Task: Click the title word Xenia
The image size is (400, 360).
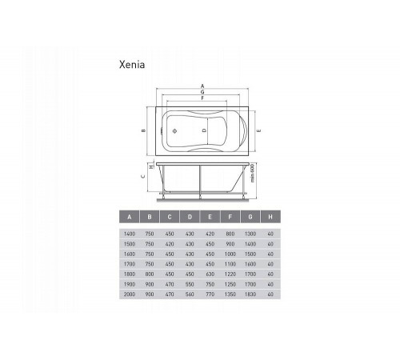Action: point(132,65)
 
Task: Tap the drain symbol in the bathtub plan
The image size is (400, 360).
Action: point(174,131)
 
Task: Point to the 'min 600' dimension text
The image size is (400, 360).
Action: point(253,173)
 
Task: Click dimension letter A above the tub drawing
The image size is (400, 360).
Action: point(202,86)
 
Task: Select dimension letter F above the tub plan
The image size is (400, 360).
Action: point(202,98)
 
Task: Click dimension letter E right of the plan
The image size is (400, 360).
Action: point(258,130)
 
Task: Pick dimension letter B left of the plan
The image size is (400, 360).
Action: point(143,130)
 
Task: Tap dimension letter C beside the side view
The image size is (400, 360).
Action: point(143,176)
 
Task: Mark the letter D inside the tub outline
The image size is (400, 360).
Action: point(204,130)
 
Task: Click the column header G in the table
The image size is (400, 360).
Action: point(250,217)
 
